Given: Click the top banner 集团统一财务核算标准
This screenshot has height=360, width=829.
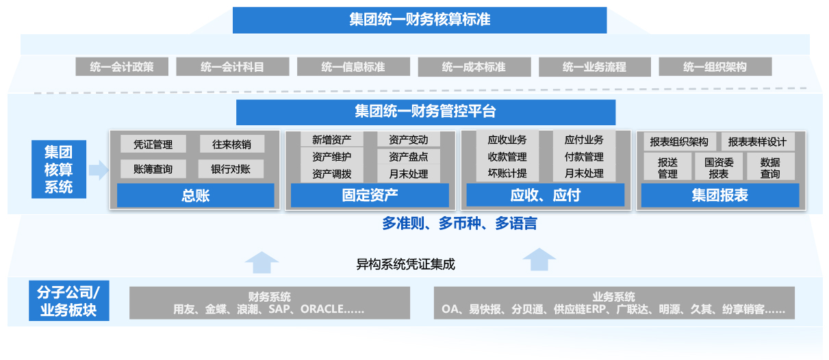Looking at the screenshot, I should (419, 20).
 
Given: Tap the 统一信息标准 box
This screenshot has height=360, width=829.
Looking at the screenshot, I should (353, 67).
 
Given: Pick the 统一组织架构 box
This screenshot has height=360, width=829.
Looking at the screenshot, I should (715, 67).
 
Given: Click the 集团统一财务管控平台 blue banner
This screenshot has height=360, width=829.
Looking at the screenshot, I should (425, 112).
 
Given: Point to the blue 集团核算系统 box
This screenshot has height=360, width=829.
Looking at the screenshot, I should (59, 169).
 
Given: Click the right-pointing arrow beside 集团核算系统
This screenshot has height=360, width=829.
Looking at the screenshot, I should (99, 170).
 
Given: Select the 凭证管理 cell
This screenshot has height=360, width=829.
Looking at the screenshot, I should (153, 144).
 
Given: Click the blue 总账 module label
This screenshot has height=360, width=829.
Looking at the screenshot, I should (195, 196).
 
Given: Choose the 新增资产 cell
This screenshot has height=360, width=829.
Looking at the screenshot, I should (332, 140).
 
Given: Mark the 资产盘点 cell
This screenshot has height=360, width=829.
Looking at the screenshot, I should (409, 157).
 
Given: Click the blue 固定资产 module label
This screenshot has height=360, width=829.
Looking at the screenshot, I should (370, 196).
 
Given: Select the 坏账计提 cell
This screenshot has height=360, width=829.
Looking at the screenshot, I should (507, 174).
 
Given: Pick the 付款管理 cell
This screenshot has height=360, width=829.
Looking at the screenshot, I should (584, 157).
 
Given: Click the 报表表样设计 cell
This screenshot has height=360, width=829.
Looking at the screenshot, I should (757, 142).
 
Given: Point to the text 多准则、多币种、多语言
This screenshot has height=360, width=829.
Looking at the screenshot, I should (459, 224).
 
